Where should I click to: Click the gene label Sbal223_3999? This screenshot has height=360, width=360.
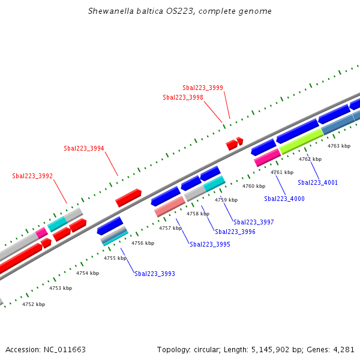203,88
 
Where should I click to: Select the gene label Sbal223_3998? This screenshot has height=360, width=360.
182,97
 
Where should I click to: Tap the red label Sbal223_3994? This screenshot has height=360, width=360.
84,148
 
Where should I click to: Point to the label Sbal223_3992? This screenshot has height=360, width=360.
32,176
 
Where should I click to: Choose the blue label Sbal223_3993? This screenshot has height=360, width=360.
155,274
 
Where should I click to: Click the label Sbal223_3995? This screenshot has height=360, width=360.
210,244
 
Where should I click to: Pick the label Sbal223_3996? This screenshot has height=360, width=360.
235,232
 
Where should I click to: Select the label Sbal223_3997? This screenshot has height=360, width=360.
253,222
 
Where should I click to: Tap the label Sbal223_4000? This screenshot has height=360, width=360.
284,199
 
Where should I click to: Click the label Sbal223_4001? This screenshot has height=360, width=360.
317,182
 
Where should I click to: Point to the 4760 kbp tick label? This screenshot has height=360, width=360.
253,186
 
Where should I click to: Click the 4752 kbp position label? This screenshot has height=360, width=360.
34,304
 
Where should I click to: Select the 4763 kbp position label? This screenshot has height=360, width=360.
338,146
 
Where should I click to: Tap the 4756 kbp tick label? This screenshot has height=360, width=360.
143,243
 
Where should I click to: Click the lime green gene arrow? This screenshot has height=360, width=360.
301,142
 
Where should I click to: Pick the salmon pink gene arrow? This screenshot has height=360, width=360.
170,206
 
